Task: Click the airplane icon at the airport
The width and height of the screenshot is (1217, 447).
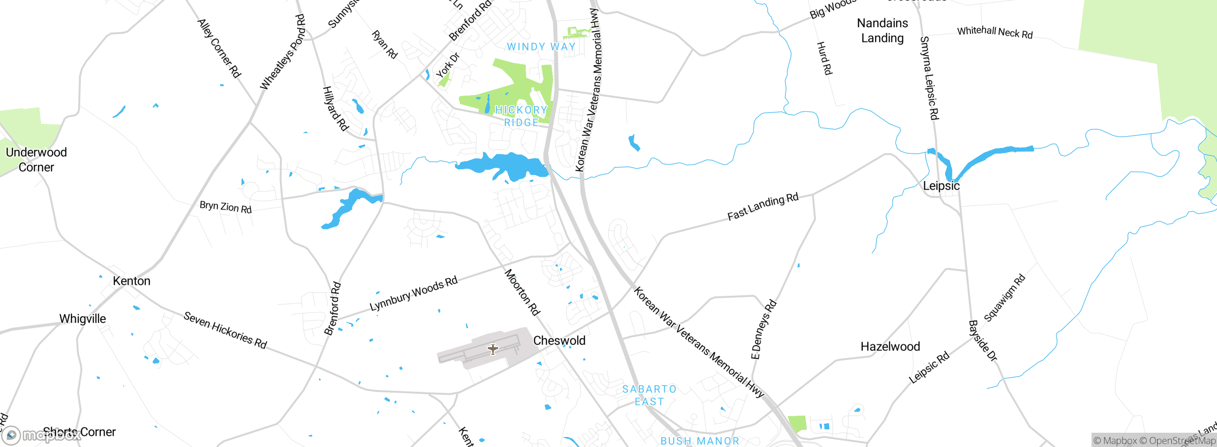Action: coord(493,350)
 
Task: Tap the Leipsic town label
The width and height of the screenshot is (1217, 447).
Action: coord(941,186)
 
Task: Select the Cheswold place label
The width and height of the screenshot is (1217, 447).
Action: coord(559,340)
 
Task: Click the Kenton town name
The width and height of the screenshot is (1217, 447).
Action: coord(132,281)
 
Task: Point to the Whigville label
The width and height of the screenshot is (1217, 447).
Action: coord(83,319)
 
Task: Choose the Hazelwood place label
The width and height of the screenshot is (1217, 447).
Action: coord(890,347)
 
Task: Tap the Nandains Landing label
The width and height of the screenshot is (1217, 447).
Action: coord(882,30)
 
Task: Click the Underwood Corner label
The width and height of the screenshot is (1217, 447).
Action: coord(36,160)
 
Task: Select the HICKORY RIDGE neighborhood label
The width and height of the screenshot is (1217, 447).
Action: coord(521,116)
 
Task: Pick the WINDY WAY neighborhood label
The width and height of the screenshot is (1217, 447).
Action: coord(541,47)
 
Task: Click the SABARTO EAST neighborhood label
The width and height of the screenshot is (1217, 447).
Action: coord(649,395)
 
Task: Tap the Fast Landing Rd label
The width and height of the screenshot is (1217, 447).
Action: coord(763,207)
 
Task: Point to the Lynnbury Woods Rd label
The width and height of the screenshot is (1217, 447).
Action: coord(414,293)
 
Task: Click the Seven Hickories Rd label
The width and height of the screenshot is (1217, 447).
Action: coord(225,330)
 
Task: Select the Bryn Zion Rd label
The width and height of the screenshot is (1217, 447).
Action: coord(225,207)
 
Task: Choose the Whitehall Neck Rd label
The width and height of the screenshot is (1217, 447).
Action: coord(995,32)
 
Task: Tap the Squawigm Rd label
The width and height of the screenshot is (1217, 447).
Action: coord(1005,298)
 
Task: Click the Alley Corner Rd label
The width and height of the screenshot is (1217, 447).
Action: coord(219,48)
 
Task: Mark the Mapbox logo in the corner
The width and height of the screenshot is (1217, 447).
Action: coord(40,435)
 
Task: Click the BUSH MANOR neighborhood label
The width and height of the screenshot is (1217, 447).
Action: coord(700,441)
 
